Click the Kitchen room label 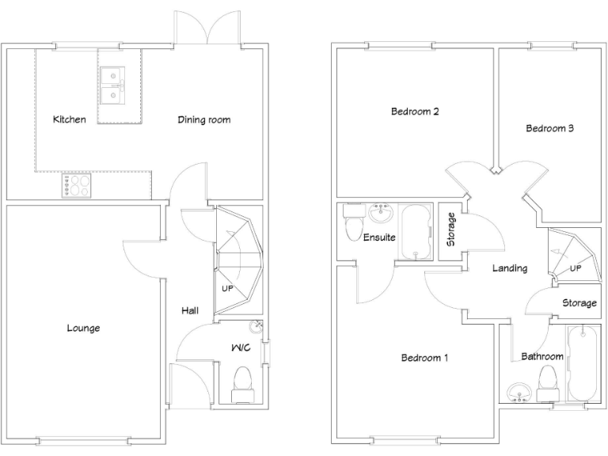pos(69,120)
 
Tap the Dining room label pos(203,120)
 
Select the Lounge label pos(83,328)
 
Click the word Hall pos(189,310)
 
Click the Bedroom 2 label pos(415,112)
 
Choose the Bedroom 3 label pos(549,128)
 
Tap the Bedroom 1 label pos(424,358)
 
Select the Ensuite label pos(379,237)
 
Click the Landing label pos(509,268)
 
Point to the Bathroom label pos(541,356)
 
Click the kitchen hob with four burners pos(76,185)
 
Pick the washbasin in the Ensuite pos(382,213)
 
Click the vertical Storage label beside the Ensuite pos(450,229)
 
